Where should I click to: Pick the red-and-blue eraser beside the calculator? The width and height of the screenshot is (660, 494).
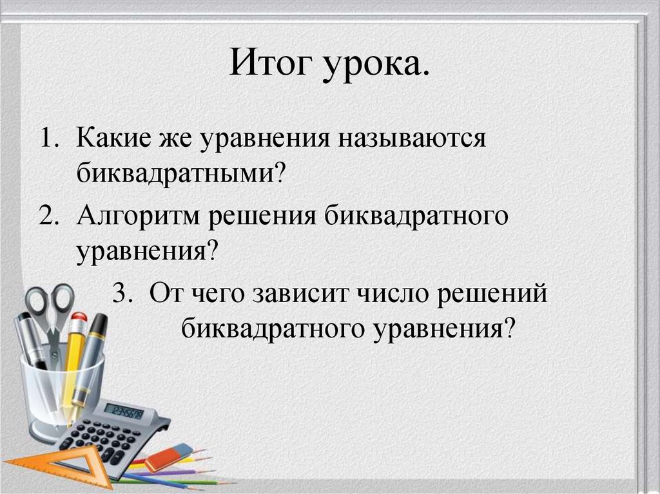pos(169,457)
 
